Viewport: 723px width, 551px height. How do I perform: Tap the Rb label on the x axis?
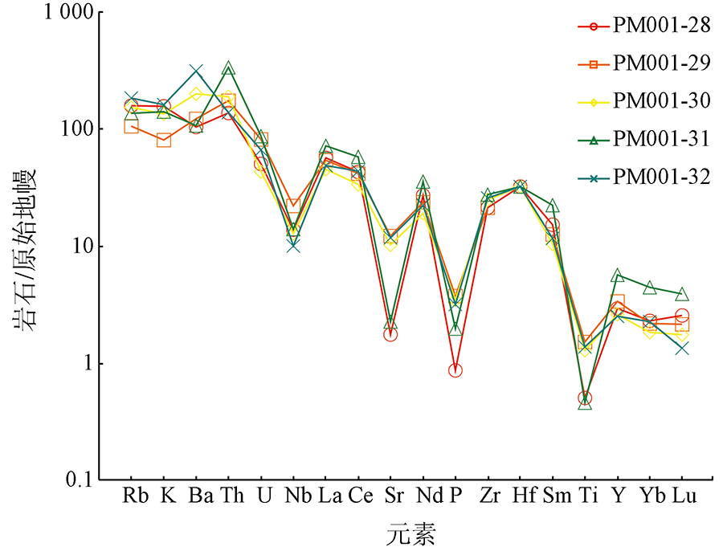(133, 496)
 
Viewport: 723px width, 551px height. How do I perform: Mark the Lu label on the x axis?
(683, 496)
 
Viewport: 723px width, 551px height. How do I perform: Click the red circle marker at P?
(455, 370)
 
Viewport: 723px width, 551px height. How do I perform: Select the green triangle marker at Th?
(228, 69)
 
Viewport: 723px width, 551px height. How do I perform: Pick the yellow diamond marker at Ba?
(196, 94)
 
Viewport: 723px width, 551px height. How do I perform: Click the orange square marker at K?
(164, 141)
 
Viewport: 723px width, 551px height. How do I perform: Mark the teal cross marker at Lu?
(682, 348)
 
